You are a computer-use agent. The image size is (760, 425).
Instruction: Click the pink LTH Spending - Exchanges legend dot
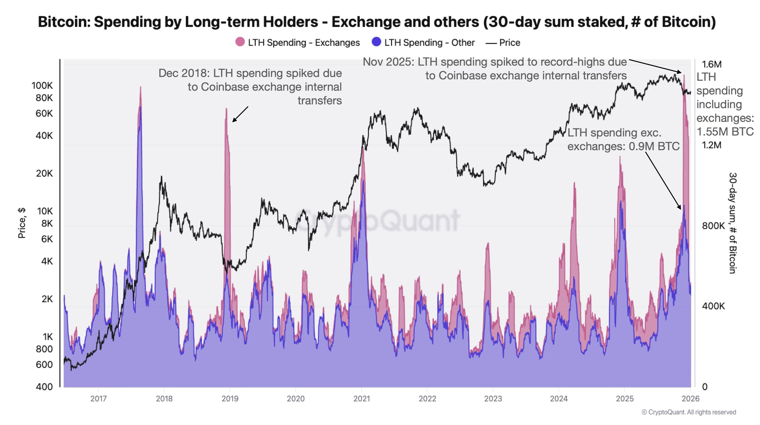pyautogui.click(x=240, y=42)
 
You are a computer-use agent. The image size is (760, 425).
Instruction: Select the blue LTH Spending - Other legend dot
pyautogui.click(x=376, y=42)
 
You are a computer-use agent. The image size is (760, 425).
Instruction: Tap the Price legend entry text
pyautogui.click(x=509, y=42)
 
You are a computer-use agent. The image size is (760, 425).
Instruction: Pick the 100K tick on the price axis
pyautogui.click(x=42, y=85)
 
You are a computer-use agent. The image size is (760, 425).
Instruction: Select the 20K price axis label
pyautogui.click(x=44, y=173)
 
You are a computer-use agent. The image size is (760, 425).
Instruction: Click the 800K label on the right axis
pyautogui.click(x=713, y=226)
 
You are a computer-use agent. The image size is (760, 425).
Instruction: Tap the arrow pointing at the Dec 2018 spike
pyautogui.click(x=240, y=114)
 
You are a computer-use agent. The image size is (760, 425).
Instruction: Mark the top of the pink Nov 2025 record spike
pyautogui.click(x=684, y=75)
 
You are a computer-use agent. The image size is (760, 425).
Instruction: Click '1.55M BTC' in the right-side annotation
pyautogui.click(x=725, y=132)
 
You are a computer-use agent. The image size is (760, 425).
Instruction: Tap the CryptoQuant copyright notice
pyautogui.click(x=689, y=412)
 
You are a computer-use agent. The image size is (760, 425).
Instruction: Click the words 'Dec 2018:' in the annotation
pyautogui.click(x=184, y=73)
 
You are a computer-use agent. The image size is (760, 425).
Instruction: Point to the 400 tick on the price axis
pyautogui.click(x=44, y=387)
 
